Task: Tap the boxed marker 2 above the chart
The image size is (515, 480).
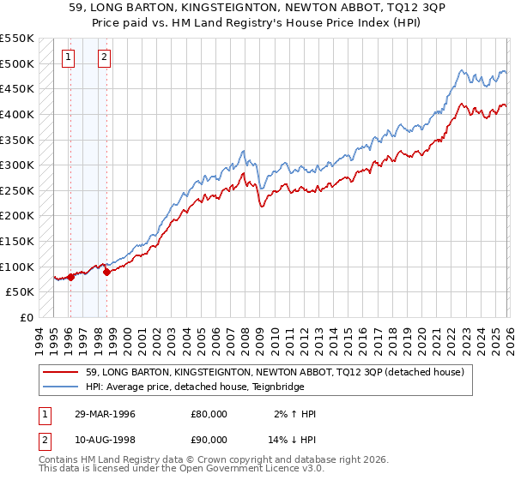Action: [104, 58]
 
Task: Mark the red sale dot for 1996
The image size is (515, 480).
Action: [71, 276]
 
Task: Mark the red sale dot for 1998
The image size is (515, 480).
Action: [106, 272]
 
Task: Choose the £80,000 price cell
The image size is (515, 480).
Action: [209, 414]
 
